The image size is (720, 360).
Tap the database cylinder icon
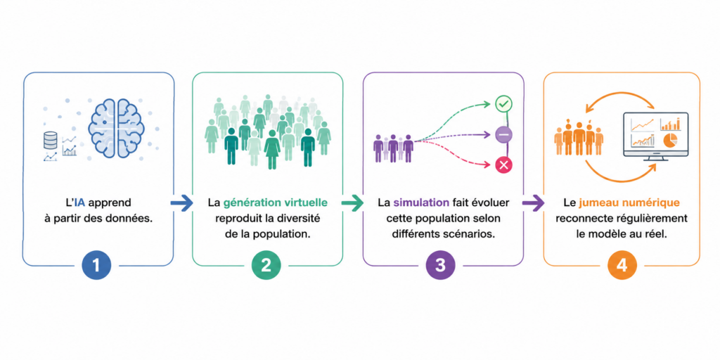click(51, 140)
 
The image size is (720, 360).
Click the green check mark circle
click(503, 104)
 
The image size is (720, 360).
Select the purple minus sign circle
click(503, 135)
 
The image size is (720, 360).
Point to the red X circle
click(503, 165)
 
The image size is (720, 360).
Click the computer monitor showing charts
click(655, 136)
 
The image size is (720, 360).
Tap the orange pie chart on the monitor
click(669, 140)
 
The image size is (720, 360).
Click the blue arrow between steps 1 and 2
click(182, 203)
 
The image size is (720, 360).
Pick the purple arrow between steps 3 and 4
click(533, 203)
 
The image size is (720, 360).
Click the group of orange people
click(579, 137)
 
